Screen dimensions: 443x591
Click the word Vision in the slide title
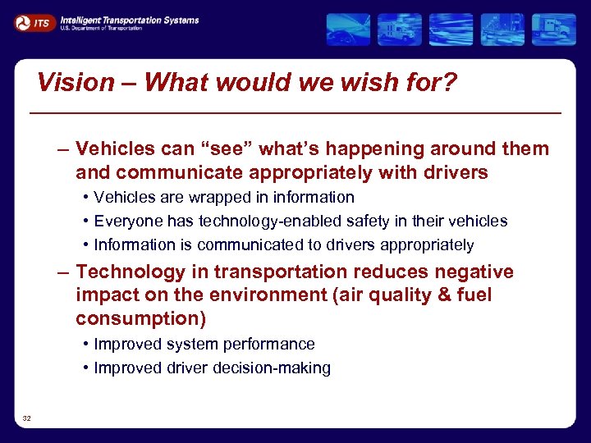[x=76, y=82]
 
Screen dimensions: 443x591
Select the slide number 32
[x=27, y=418]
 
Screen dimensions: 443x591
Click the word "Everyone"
[x=129, y=221]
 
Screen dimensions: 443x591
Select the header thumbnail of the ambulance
[x=399, y=30]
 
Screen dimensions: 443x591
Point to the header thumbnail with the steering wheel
[x=348, y=30]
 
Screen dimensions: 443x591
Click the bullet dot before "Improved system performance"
[x=86, y=345]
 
